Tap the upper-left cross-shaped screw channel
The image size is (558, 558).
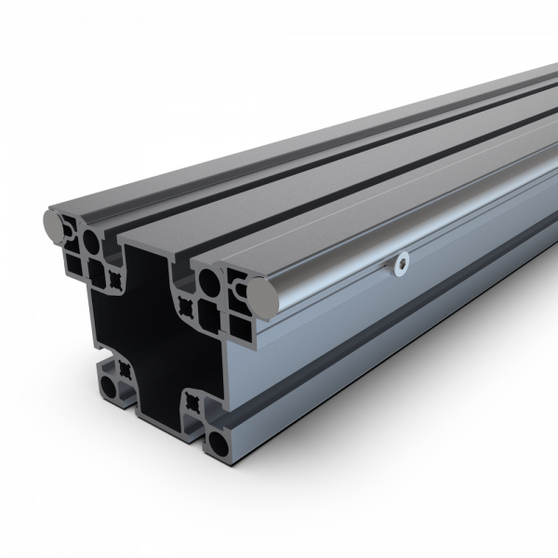tap(115, 278)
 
